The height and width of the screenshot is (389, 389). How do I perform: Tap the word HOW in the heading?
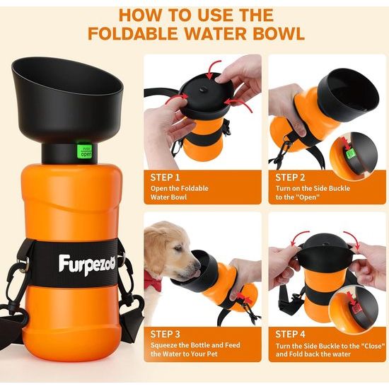coord(139,13)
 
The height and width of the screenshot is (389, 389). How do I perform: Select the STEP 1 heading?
coord(166,177)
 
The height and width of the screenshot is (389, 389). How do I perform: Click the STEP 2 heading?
coord(290,177)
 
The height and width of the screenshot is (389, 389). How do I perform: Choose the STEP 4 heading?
coord(291,334)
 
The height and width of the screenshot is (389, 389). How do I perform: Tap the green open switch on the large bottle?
coord(86,151)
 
